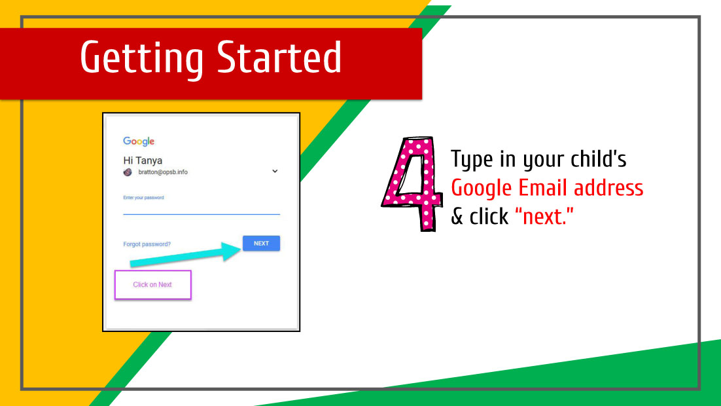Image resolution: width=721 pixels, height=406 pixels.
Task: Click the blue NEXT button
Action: pyautogui.click(x=261, y=243)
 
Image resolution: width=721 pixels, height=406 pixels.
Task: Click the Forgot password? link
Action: pyautogui.click(x=147, y=244)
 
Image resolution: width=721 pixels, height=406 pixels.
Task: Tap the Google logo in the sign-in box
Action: pyautogui.click(x=139, y=141)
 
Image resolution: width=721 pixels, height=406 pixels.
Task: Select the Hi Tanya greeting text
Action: pyautogui.click(x=143, y=160)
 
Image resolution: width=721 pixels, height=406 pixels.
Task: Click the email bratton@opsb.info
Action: pyautogui.click(x=163, y=172)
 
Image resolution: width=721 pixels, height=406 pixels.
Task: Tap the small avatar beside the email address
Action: pyautogui.click(x=128, y=172)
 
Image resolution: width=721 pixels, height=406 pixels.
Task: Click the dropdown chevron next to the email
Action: pyautogui.click(x=275, y=171)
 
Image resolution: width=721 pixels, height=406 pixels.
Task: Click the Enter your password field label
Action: pyautogui.click(x=143, y=198)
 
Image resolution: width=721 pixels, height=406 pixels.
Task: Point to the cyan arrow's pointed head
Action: pyautogui.click(x=241, y=249)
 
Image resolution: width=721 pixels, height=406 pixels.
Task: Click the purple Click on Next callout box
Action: pyautogui.click(x=152, y=285)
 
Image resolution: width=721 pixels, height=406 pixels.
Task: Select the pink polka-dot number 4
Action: pyautogui.click(x=412, y=183)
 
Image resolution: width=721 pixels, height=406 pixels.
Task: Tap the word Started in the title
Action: pyautogui.click(x=279, y=57)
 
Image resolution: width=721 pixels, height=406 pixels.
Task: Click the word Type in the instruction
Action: pyautogui.click(x=472, y=160)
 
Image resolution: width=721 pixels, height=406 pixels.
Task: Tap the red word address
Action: pyautogui.click(x=608, y=188)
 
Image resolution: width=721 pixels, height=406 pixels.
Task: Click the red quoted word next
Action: pyautogui.click(x=544, y=216)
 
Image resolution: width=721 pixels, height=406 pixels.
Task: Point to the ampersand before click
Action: pyautogui.click(x=457, y=217)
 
